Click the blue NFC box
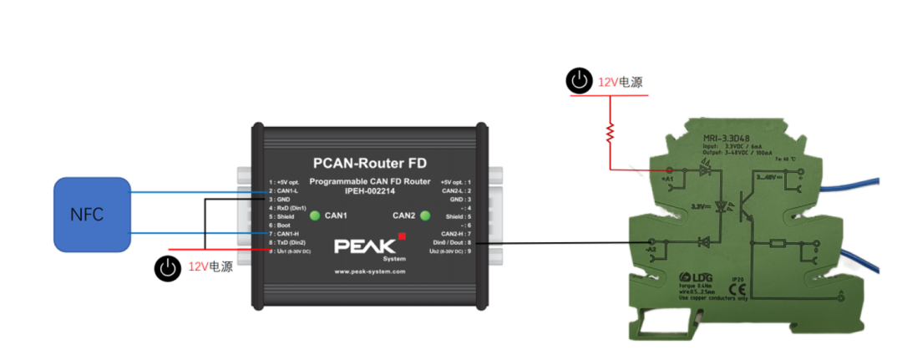87,215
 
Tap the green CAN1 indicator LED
314,216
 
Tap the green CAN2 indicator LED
426,216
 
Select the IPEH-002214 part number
368,190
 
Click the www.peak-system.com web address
368,271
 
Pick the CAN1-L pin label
284,191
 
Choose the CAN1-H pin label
285,233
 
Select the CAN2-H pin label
454,233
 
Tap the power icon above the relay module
578,81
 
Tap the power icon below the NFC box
168,267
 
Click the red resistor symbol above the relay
611,131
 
